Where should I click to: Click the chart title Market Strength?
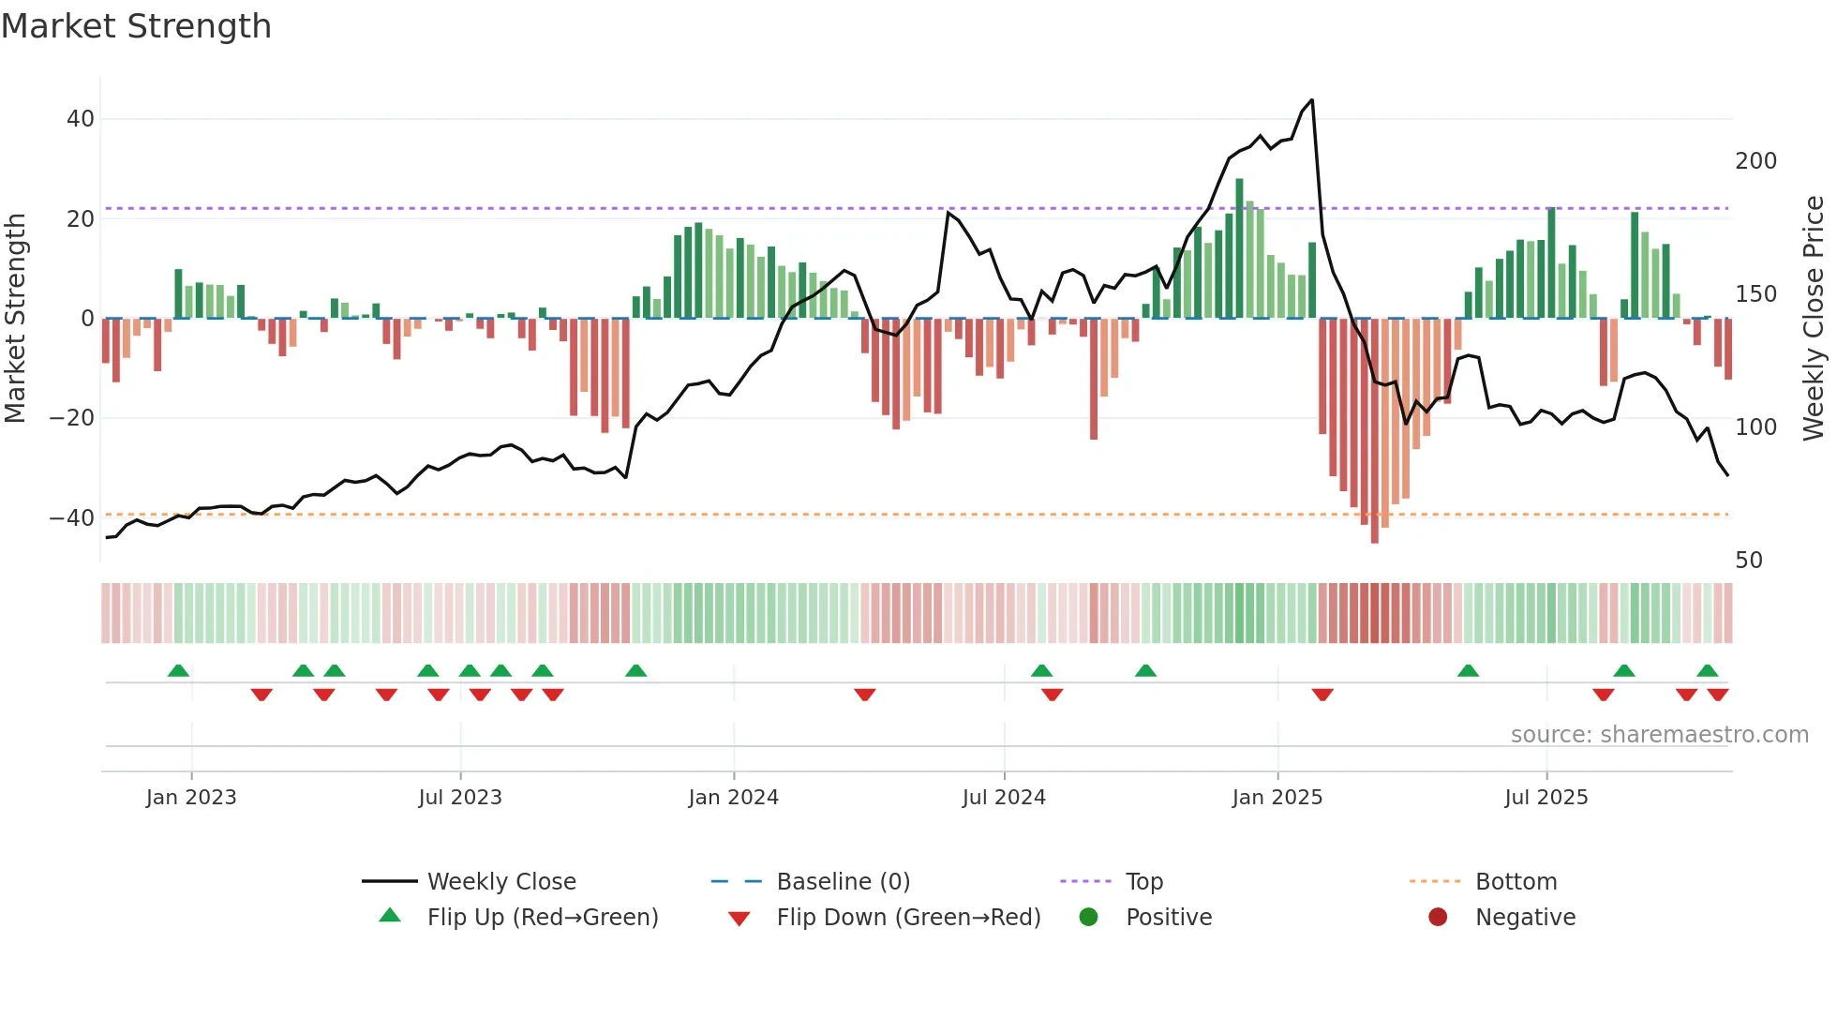[x=136, y=26]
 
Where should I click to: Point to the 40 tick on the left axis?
[x=81, y=119]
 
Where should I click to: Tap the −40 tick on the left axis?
[x=72, y=517]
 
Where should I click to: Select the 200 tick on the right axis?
[x=1755, y=161]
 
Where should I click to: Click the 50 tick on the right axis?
[x=1749, y=561]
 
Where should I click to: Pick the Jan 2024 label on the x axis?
[x=733, y=798]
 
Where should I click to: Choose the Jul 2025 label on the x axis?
[x=1546, y=798]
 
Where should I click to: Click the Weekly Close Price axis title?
[x=1814, y=319]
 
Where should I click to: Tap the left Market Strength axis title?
[x=16, y=319]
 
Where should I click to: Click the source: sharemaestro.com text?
[x=1659, y=735]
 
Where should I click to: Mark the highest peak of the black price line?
[x=1311, y=100]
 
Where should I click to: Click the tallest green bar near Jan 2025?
[x=1239, y=187]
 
